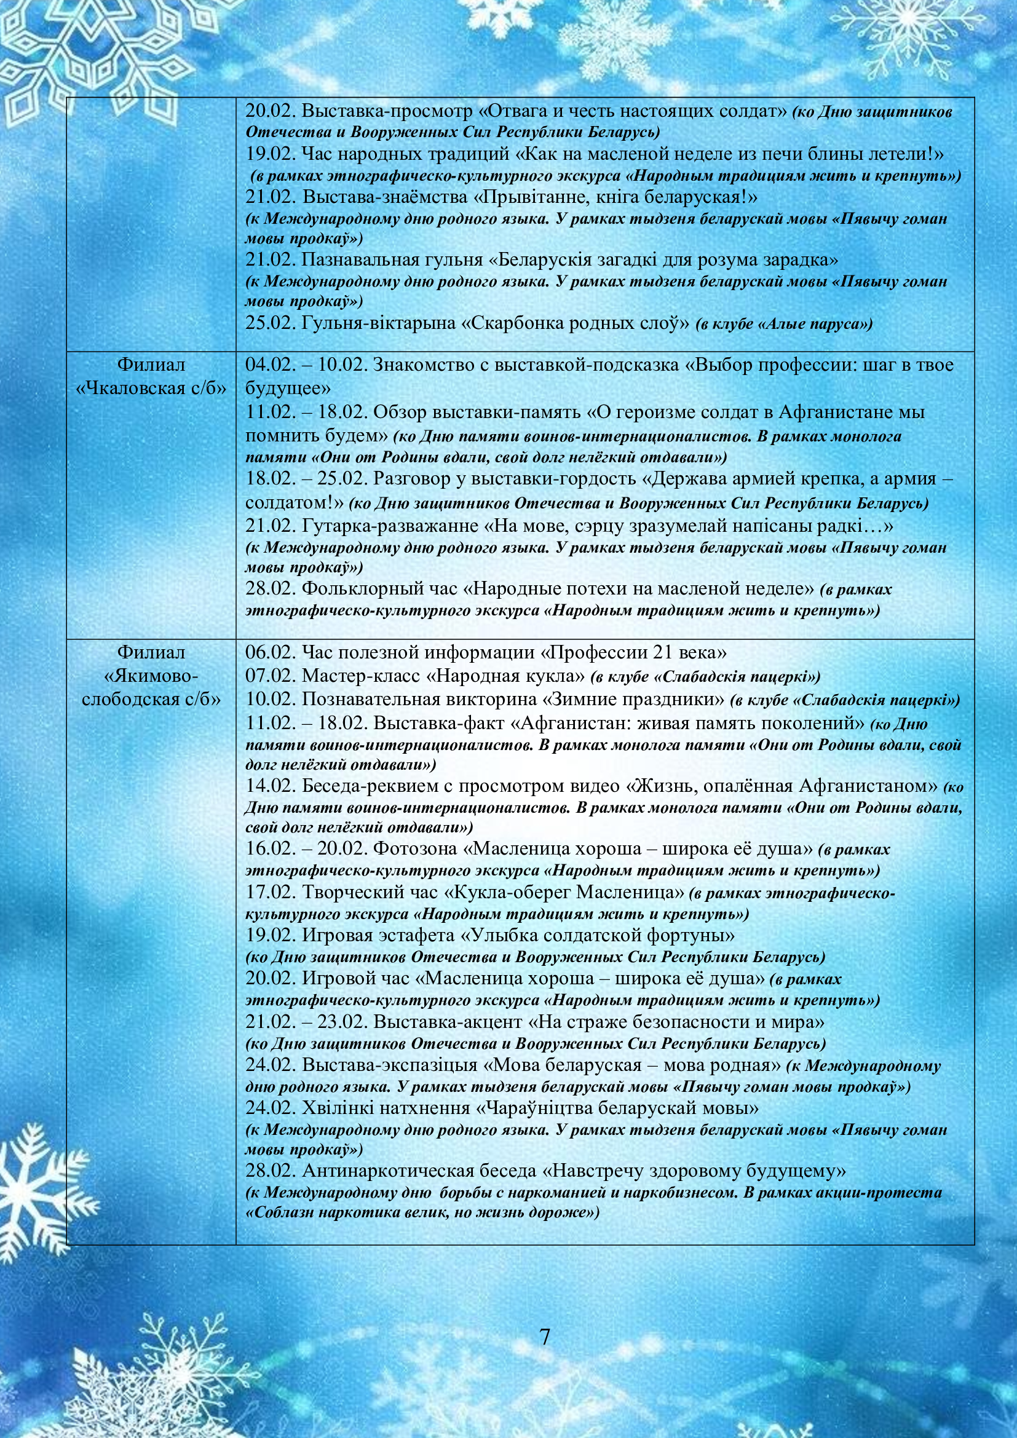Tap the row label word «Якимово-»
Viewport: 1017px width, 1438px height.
click(x=151, y=676)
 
